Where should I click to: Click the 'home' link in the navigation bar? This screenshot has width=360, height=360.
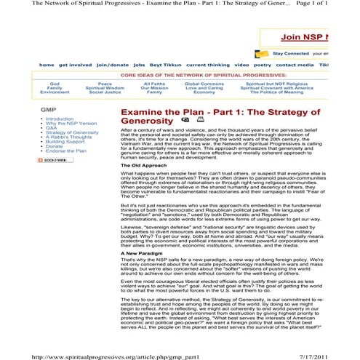(x=46, y=65)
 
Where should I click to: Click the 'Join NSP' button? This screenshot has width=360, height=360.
(x=320, y=38)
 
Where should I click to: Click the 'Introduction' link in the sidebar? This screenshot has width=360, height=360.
(x=60, y=118)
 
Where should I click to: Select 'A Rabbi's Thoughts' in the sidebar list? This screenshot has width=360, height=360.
(x=69, y=136)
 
